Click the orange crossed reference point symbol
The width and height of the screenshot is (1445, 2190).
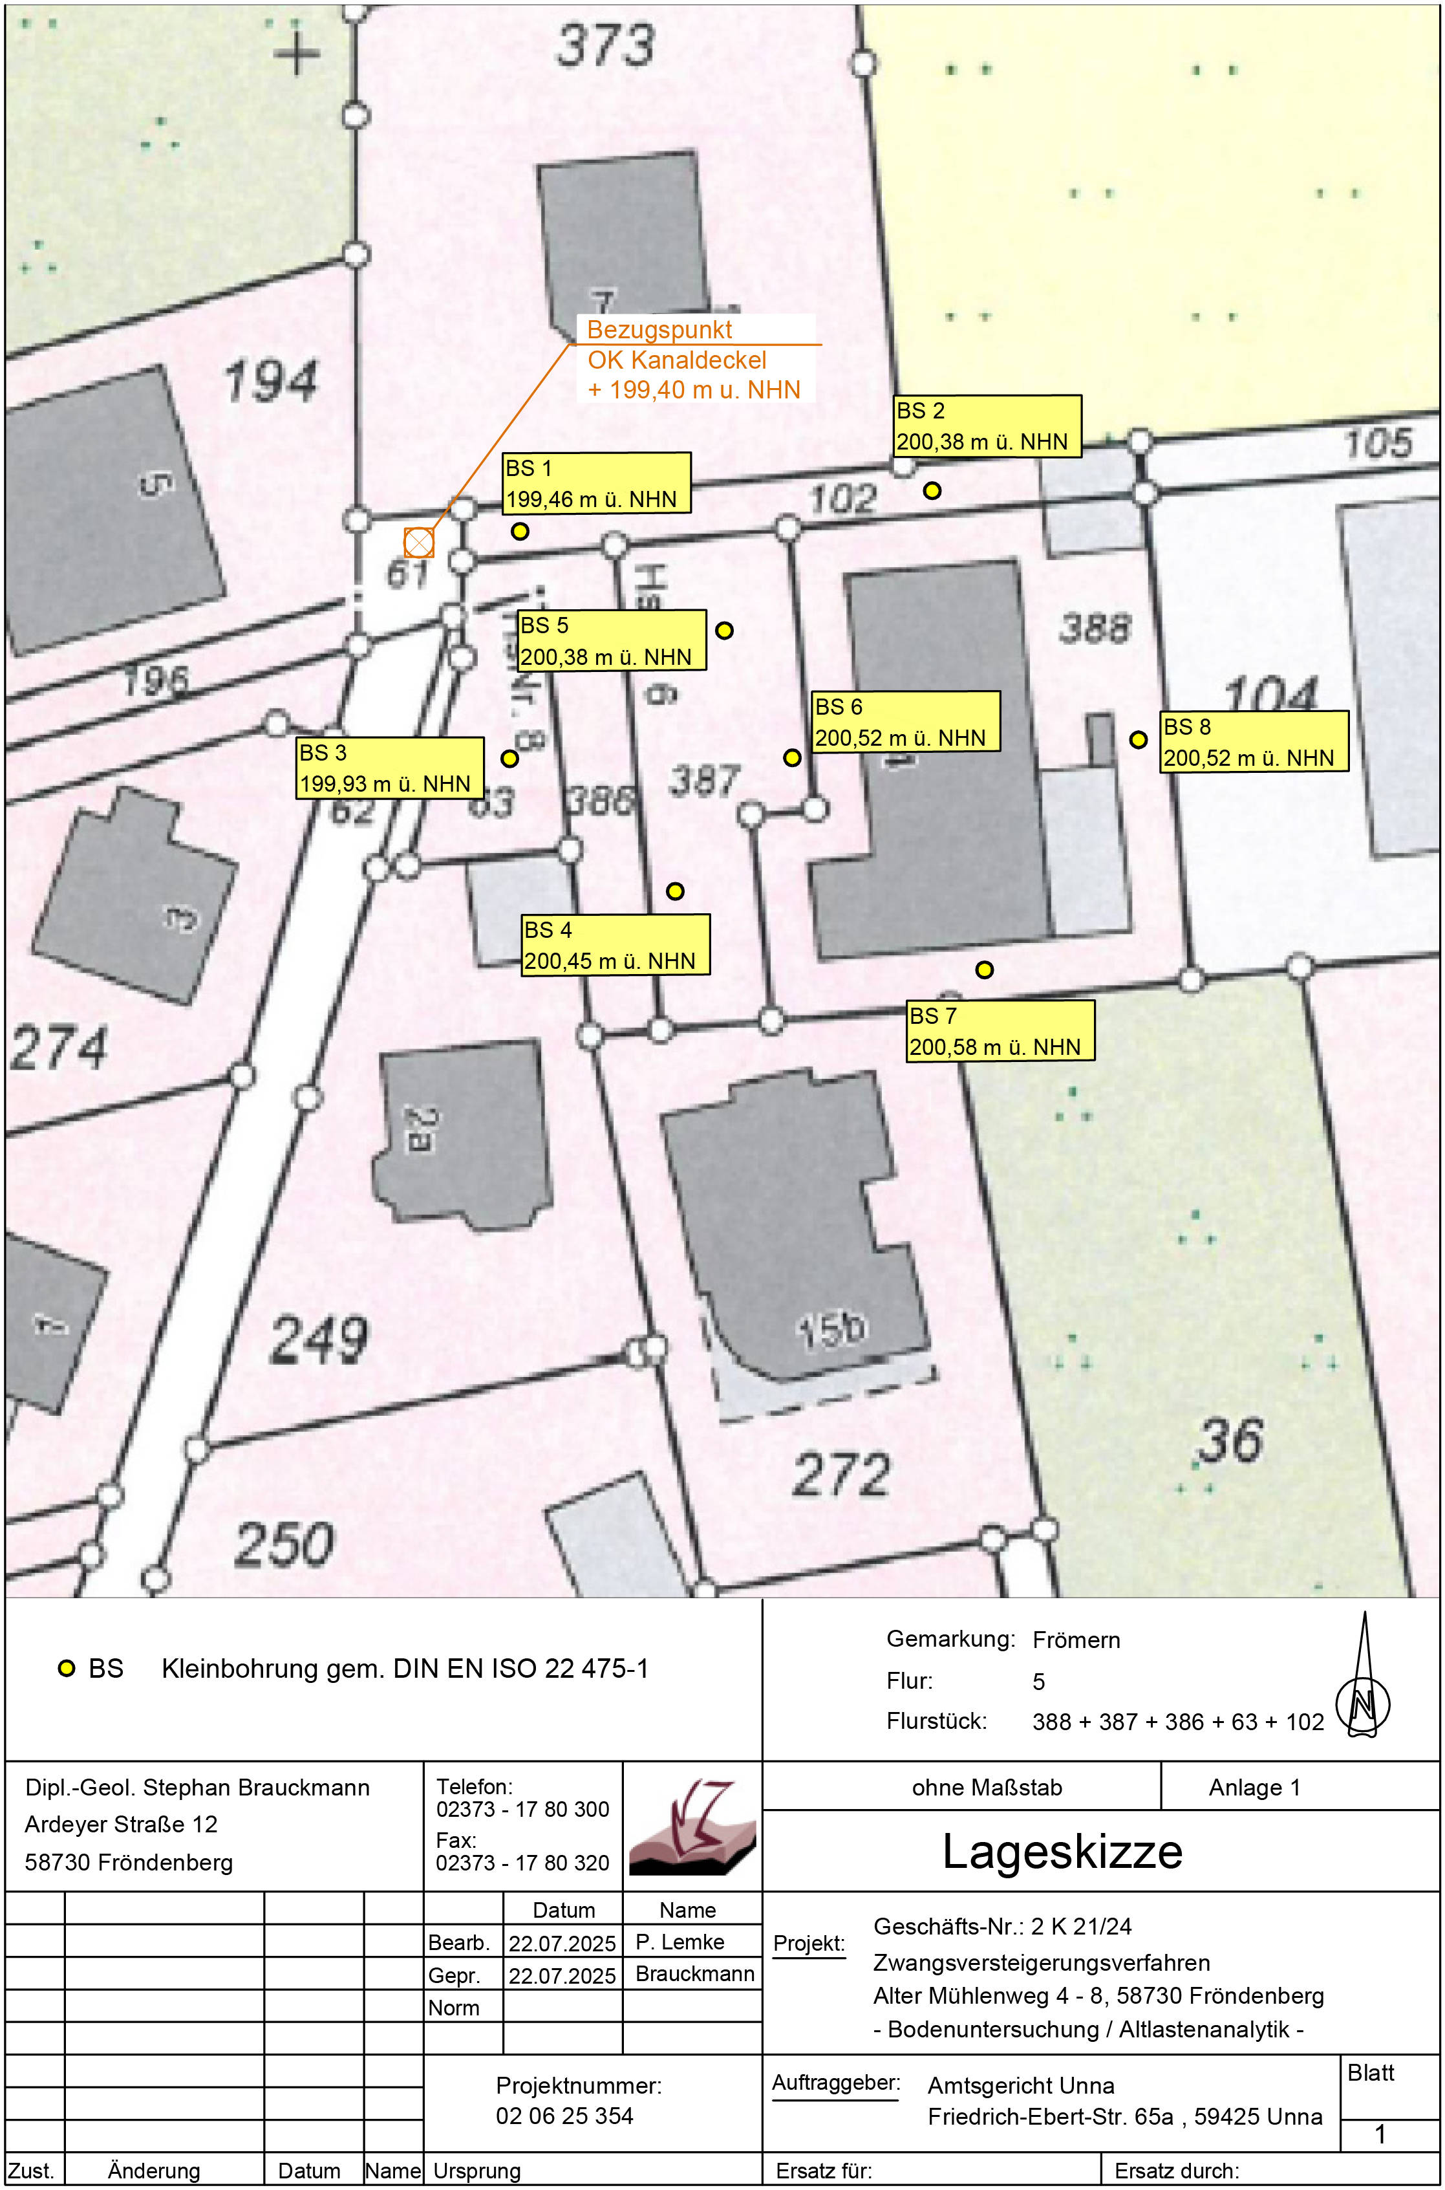click(418, 542)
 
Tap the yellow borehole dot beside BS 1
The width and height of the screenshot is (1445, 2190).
click(520, 531)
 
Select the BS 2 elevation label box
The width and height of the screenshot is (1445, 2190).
click(988, 426)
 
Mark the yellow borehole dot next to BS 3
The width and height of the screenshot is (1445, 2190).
click(509, 759)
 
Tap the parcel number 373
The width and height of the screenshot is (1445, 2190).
click(605, 45)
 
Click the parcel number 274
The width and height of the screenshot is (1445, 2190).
click(59, 1048)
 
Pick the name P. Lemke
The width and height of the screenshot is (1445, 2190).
click(680, 1942)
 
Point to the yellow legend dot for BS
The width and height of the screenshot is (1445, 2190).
click(67, 1668)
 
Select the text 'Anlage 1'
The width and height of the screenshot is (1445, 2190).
click(1254, 1788)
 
